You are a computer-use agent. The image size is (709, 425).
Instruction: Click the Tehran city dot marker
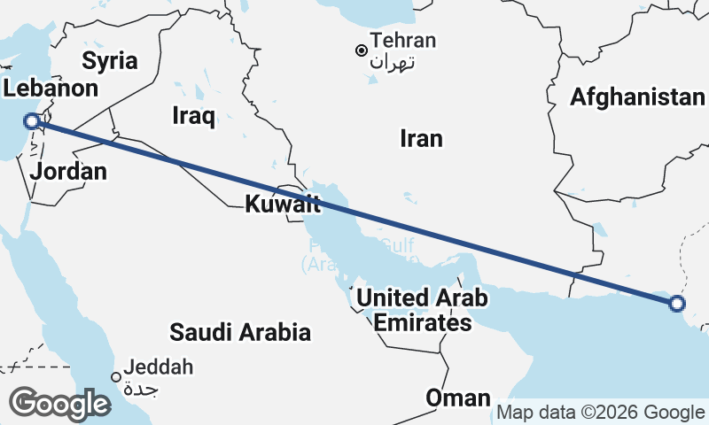pyautogui.click(x=362, y=50)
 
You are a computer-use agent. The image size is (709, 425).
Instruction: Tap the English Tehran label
pyautogui.click(x=404, y=41)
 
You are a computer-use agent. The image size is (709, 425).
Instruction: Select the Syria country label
pyautogui.click(x=110, y=61)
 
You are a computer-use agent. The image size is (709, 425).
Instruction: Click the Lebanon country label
pyautogui.click(x=51, y=89)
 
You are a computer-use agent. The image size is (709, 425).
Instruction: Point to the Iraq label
pyautogui.click(x=194, y=116)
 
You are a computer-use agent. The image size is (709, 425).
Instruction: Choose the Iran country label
pyautogui.click(x=421, y=138)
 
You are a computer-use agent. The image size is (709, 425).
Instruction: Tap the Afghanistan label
pyautogui.click(x=637, y=97)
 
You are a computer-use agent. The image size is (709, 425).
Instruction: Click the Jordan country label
pyautogui.click(x=68, y=172)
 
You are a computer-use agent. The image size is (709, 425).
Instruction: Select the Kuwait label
pyautogui.click(x=282, y=205)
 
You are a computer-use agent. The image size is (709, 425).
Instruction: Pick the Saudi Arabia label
pyautogui.click(x=240, y=332)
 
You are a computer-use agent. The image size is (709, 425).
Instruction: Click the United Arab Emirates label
pyautogui.click(x=422, y=311)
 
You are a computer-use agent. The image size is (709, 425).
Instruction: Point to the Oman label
pyautogui.click(x=457, y=398)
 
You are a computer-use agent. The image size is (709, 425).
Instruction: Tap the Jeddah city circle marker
pyautogui.click(x=116, y=376)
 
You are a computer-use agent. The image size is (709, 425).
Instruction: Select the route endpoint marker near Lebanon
pyautogui.click(x=32, y=121)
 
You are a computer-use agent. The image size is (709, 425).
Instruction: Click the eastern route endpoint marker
pyautogui.click(x=677, y=304)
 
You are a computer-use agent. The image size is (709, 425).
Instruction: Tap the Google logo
pyautogui.click(x=59, y=404)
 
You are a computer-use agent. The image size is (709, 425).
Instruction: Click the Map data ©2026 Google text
pyautogui.click(x=600, y=412)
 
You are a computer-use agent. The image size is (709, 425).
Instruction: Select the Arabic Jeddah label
pyautogui.click(x=141, y=389)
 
